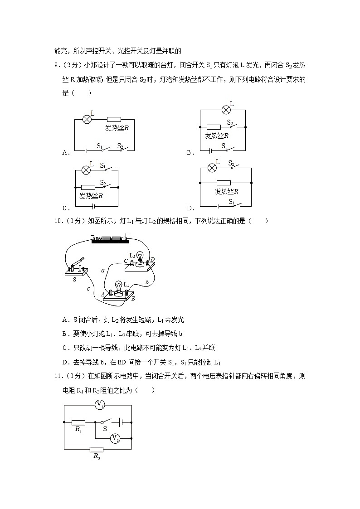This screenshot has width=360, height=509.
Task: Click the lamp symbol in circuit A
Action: point(87,119)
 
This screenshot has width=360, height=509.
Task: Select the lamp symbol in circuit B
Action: point(226,110)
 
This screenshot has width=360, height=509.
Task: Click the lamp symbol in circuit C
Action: point(86,170)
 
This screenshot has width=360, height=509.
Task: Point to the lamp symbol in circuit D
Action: point(211,168)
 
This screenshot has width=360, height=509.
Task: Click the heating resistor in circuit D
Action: point(224,182)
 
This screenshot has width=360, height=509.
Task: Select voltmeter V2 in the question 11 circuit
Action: point(115,438)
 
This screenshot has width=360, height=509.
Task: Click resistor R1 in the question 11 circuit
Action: point(78,422)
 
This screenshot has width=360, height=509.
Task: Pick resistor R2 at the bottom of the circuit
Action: point(97,449)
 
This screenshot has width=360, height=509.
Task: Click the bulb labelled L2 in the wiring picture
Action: point(140,257)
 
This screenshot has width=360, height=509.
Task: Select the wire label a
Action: point(103,271)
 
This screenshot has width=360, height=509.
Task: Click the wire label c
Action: point(88,289)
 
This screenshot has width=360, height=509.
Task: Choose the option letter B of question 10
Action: point(64,334)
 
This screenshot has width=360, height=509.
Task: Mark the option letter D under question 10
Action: point(64,362)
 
